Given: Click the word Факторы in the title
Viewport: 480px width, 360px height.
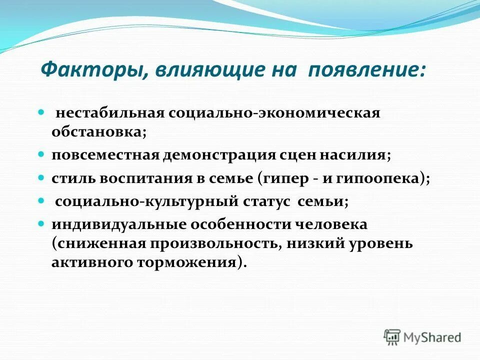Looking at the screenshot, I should [x=91, y=70].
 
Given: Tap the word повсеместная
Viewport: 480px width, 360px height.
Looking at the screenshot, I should [x=104, y=154].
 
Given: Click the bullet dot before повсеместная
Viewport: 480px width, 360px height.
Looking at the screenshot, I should [x=42, y=154].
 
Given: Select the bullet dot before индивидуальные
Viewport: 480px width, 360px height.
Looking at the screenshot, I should [x=42, y=223].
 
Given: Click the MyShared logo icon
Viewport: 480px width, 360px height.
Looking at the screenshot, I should [x=392, y=337].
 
